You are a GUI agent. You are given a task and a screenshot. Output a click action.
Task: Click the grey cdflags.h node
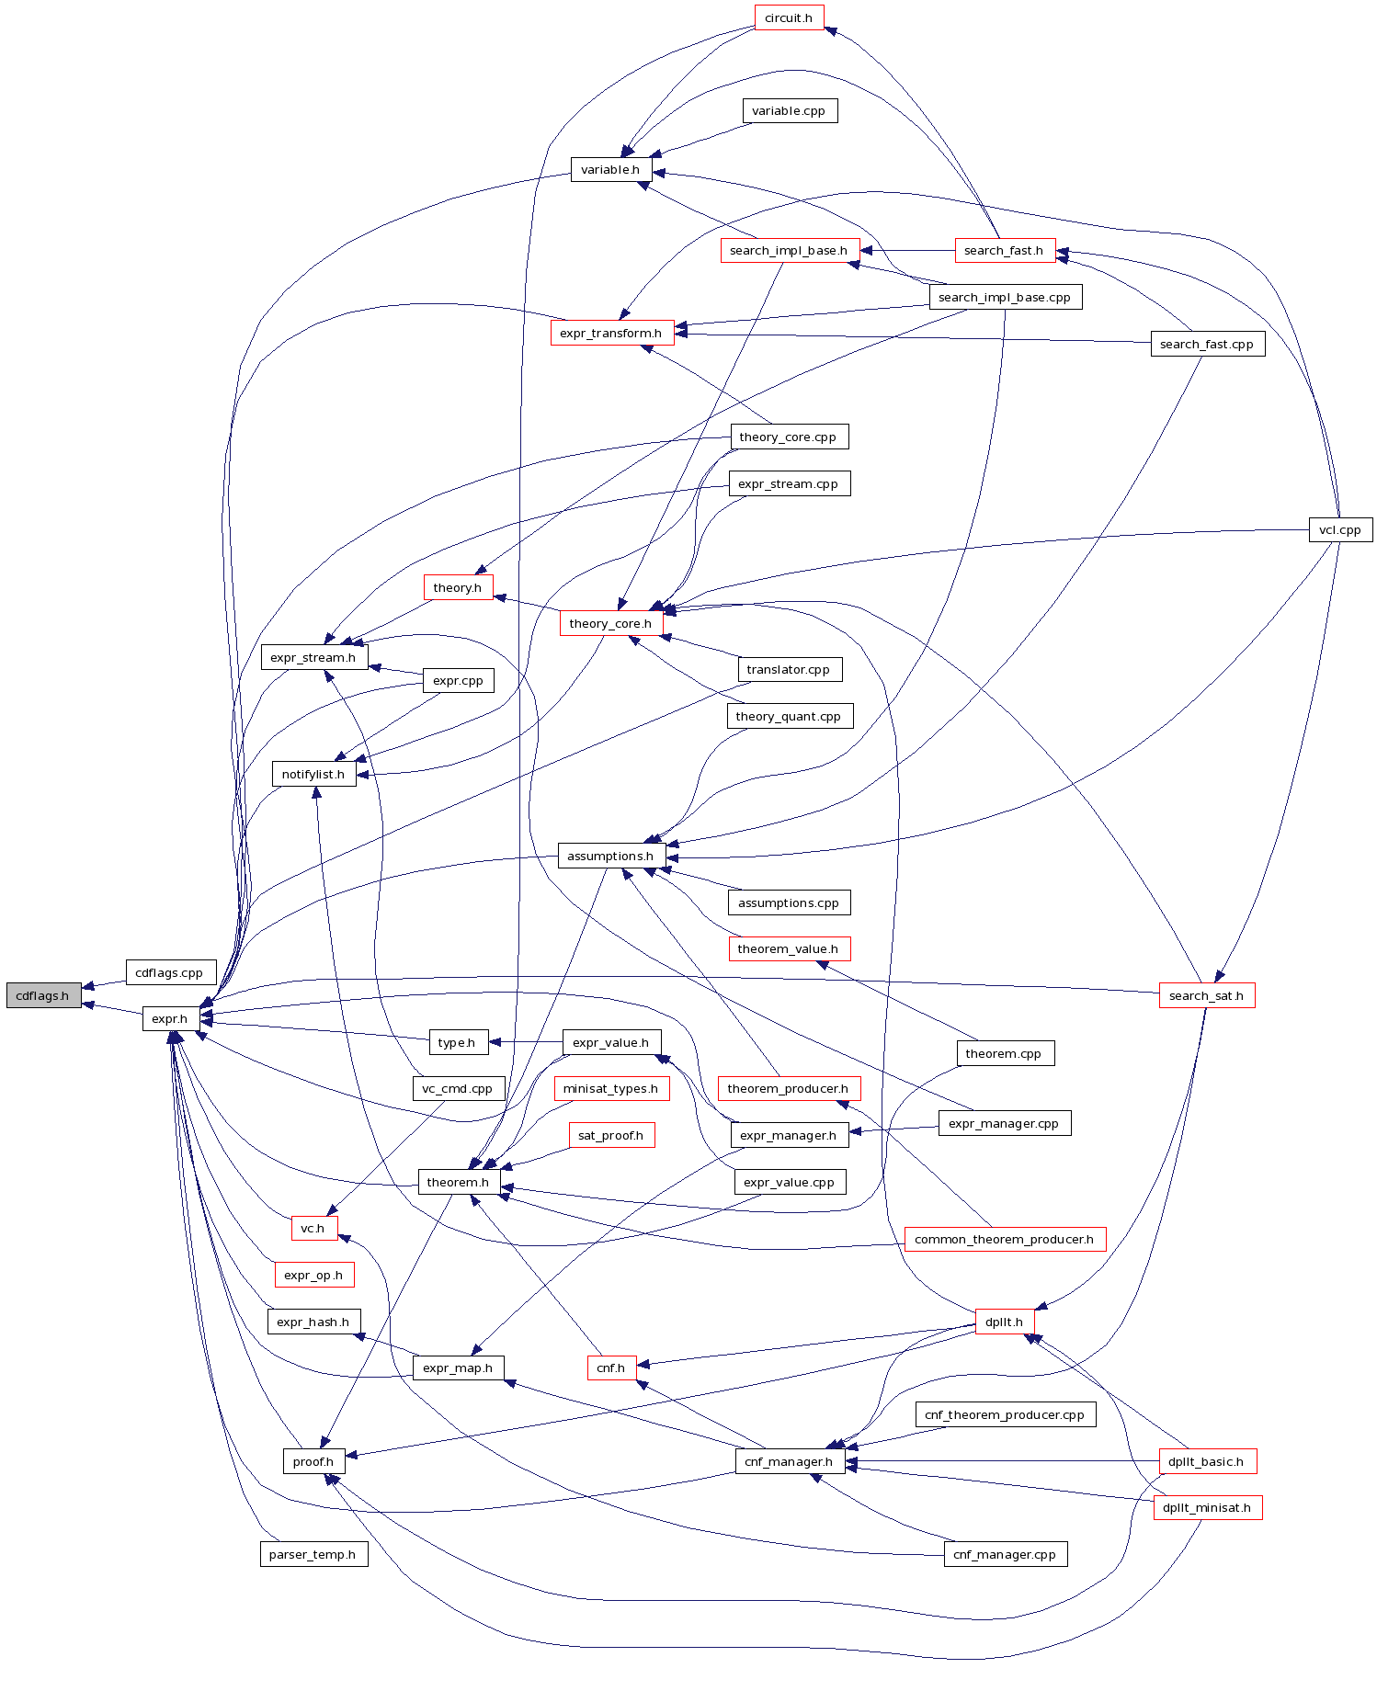(x=42, y=995)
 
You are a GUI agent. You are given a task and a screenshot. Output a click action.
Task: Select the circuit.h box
(x=789, y=17)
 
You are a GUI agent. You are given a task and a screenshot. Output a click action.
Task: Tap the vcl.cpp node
(x=1339, y=529)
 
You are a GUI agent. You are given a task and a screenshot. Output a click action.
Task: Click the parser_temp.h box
(x=313, y=1554)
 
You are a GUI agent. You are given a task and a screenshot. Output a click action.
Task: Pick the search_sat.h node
(x=1206, y=995)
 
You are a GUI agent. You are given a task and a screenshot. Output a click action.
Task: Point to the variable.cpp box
(x=789, y=110)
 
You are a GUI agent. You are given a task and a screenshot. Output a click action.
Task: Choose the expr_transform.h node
(x=611, y=333)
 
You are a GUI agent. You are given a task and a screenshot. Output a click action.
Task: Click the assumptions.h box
(x=610, y=856)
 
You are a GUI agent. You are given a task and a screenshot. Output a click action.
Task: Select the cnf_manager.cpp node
(x=1005, y=1554)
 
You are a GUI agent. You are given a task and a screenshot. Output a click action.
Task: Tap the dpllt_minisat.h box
(x=1207, y=1507)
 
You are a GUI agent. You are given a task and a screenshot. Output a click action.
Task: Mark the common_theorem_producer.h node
(x=1005, y=1239)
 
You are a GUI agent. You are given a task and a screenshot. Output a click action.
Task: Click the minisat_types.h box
(x=610, y=1088)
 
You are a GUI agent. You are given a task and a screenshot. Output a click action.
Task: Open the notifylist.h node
(x=313, y=774)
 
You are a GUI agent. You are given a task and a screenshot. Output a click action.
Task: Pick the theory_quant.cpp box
(x=789, y=716)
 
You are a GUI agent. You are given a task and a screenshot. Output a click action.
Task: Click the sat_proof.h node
(x=611, y=1135)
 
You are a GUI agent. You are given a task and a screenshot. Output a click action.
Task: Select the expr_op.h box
(x=313, y=1275)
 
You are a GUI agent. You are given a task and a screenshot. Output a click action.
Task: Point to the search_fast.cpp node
(x=1207, y=344)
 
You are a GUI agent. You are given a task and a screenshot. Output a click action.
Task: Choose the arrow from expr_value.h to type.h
(x=525, y=1042)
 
